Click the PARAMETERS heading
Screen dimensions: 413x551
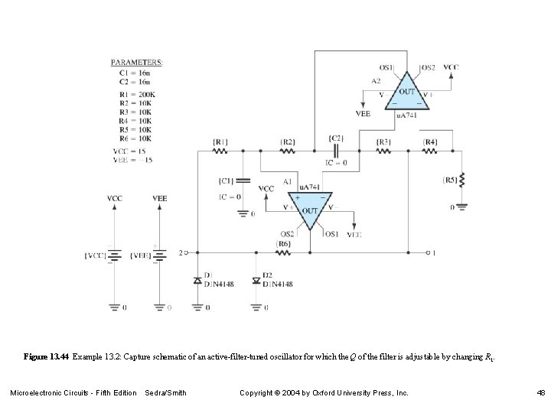coord(137,61)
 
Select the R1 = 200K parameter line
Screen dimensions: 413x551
coord(132,94)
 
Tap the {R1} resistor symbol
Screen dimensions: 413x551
coord(220,151)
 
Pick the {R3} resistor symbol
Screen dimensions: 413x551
coord(384,151)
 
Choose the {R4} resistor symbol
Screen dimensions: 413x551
coord(430,151)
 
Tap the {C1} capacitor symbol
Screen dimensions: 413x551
coord(243,181)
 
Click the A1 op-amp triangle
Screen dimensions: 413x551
coord(309,210)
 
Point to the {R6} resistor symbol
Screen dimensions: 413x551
coord(283,252)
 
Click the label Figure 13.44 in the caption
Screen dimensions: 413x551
coord(47,356)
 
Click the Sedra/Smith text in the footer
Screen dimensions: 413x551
coord(165,393)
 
